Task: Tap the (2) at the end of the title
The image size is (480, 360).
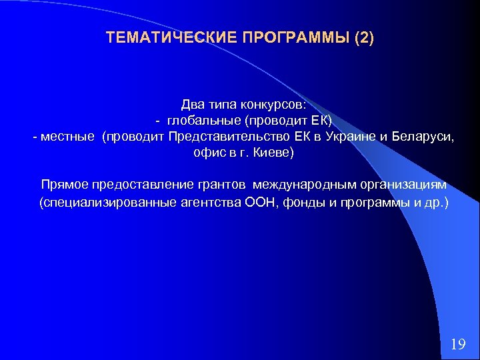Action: (365, 37)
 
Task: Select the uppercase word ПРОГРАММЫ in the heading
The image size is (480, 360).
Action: (291, 37)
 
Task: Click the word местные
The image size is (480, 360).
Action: (67, 137)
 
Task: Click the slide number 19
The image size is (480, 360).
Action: (457, 344)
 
